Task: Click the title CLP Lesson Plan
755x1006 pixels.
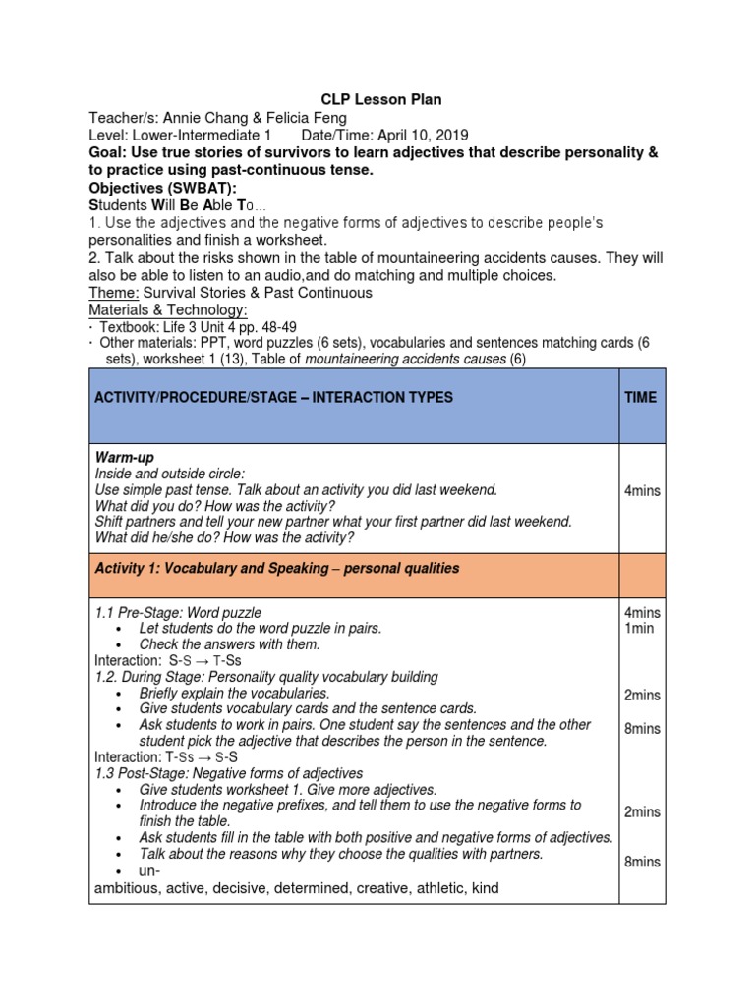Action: pyautogui.click(x=382, y=99)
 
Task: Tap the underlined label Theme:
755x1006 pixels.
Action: pyautogui.click(x=114, y=293)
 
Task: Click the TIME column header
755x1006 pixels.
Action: pyautogui.click(x=641, y=397)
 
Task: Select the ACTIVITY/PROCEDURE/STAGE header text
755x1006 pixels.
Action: pyautogui.click(x=207, y=397)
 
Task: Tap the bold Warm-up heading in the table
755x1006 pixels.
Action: pyautogui.click(x=124, y=458)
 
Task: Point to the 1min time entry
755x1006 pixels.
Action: pyautogui.click(x=639, y=628)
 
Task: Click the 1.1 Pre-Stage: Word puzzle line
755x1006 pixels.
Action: pyautogui.click(x=178, y=613)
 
